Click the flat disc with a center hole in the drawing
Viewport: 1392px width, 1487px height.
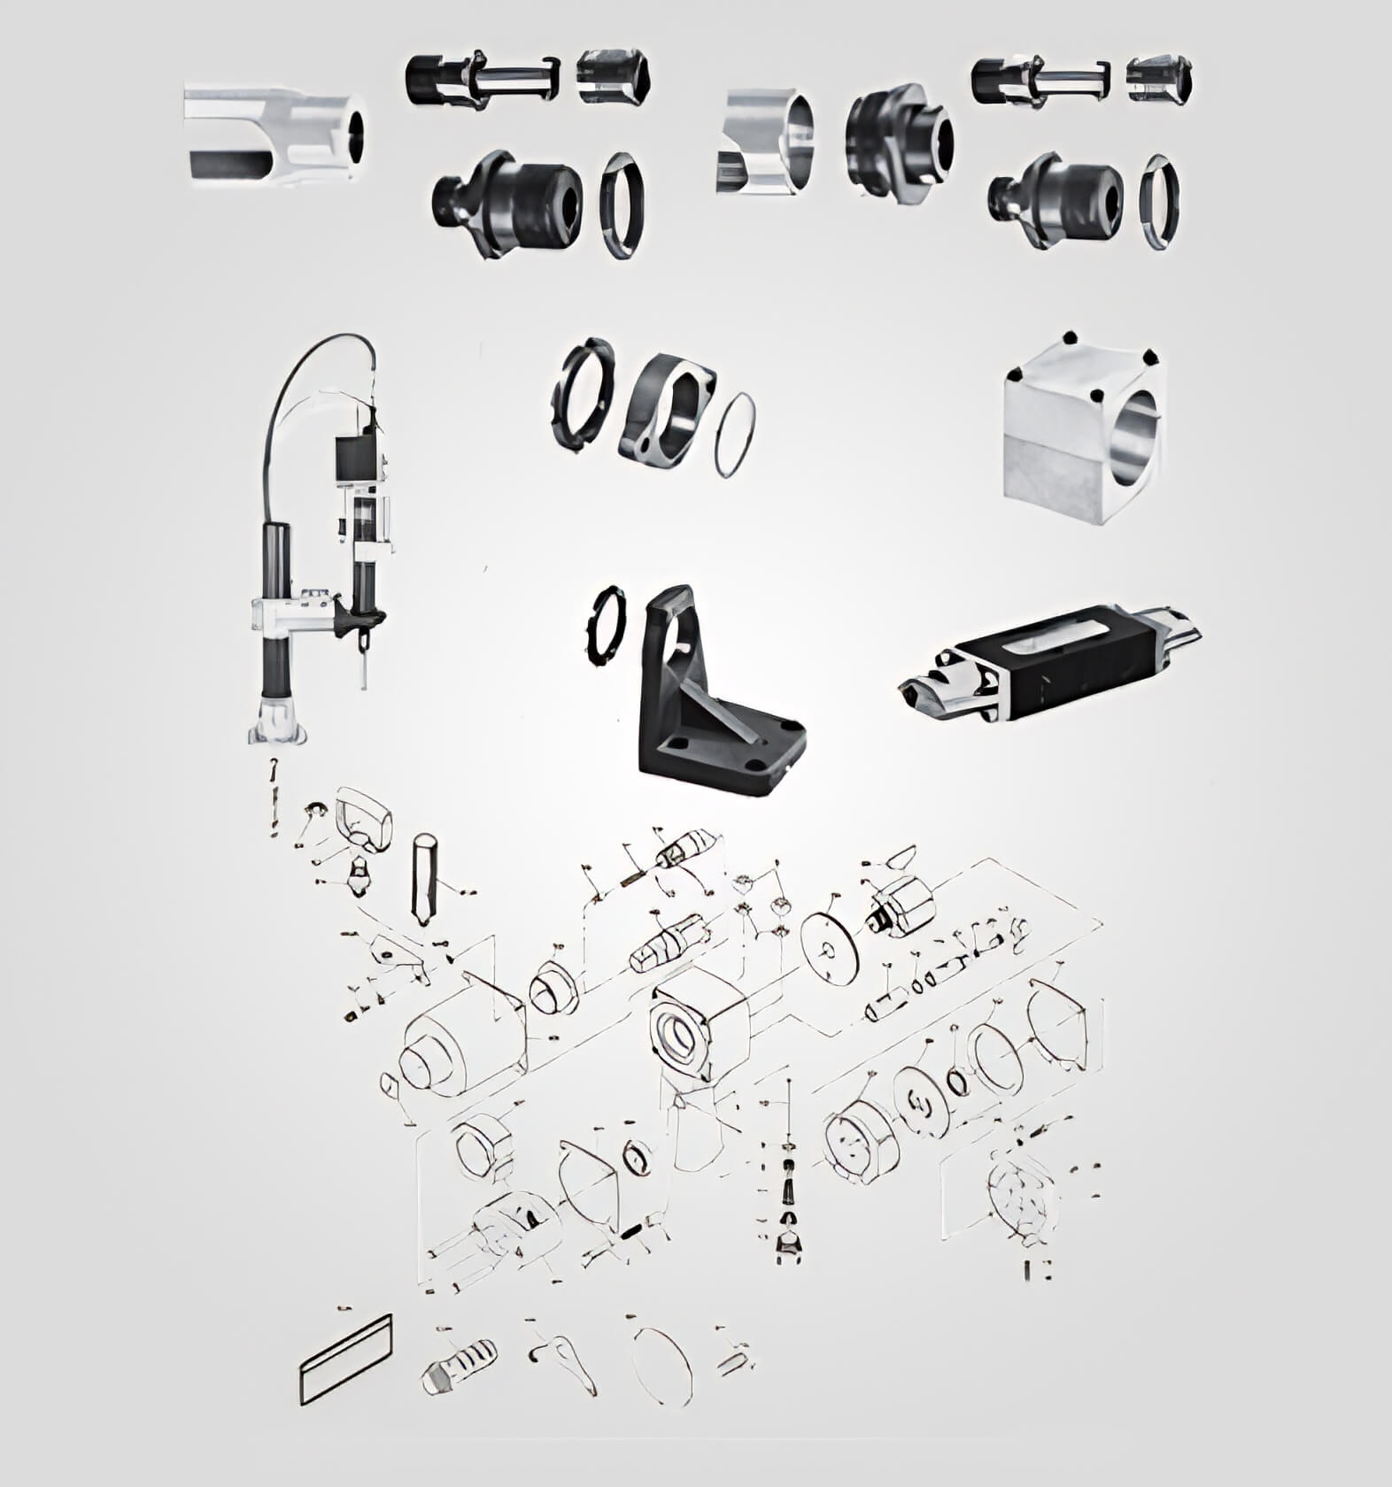tap(830, 951)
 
